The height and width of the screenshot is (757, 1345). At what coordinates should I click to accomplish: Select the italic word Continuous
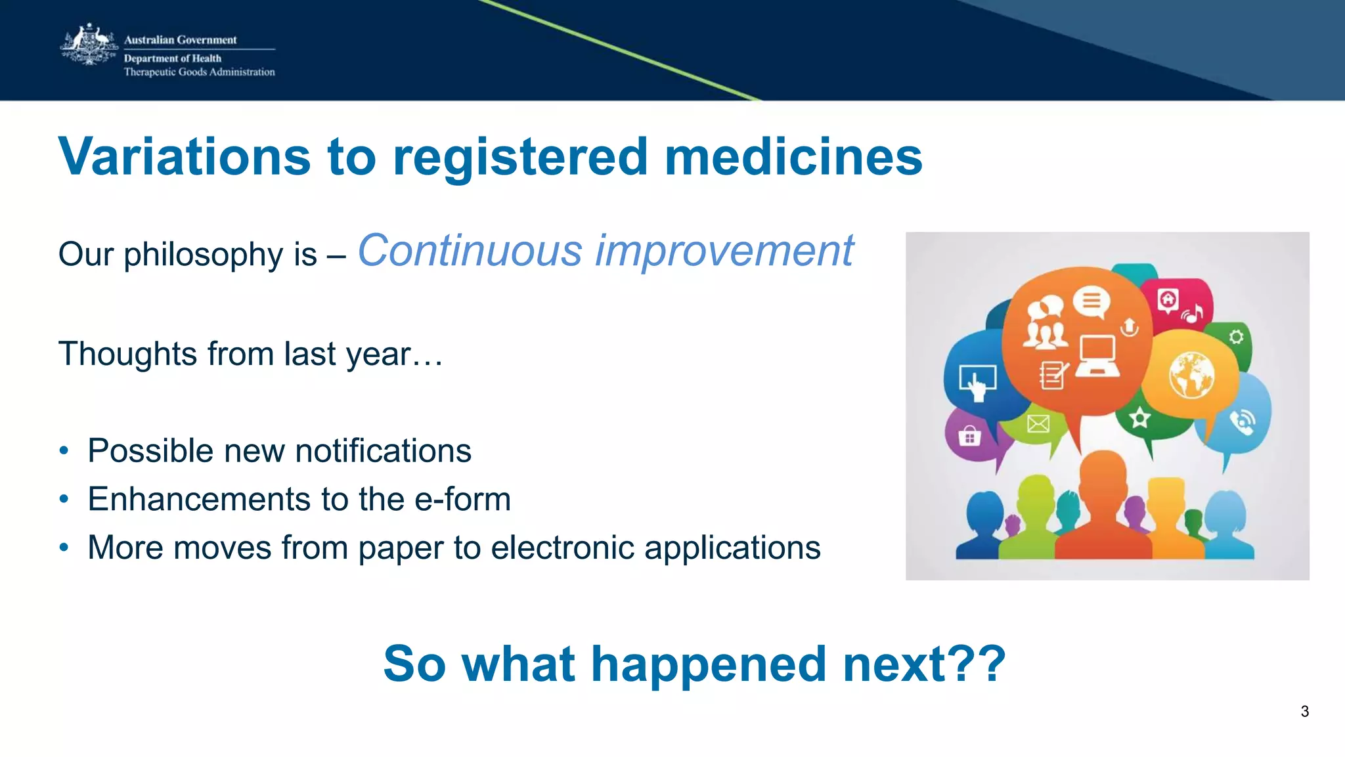coord(470,251)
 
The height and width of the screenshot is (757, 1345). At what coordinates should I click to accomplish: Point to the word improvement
coord(724,251)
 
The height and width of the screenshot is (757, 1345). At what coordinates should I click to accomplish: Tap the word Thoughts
coord(127,354)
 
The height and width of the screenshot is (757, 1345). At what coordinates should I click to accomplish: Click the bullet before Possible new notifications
coord(64,451)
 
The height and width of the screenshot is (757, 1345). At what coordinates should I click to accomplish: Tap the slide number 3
coord(1304,711)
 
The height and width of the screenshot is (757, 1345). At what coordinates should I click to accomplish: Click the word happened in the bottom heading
coord(708,664)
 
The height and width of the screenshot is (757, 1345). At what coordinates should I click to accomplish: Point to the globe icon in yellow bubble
coord(1191,376)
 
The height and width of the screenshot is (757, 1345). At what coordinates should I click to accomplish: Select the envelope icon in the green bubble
coord(1038,424)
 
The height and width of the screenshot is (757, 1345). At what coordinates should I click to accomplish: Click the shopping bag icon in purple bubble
coord(969,435)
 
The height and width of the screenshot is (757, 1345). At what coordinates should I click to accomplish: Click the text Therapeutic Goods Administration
coord(199,72)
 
